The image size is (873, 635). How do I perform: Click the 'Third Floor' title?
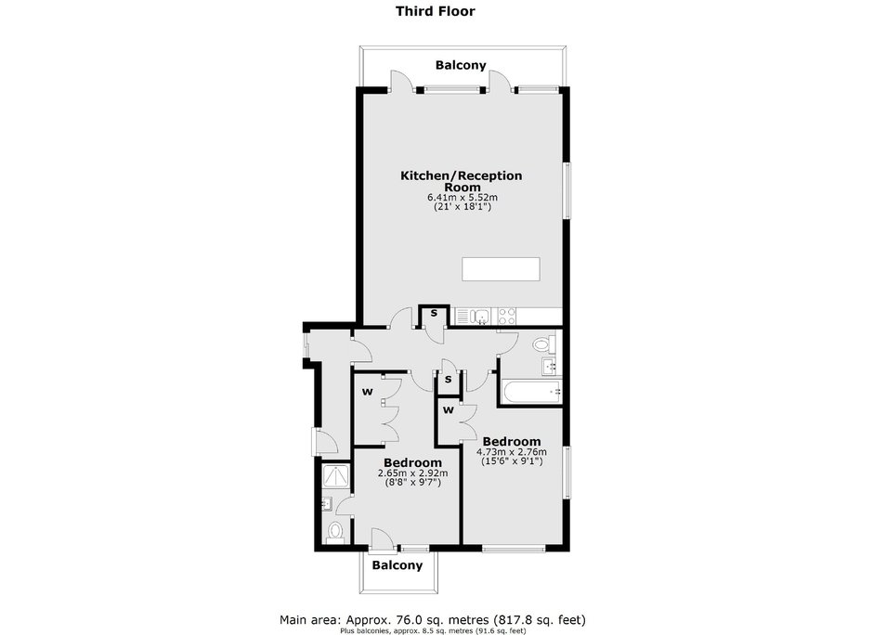pyautogui.click(x=436, y=11)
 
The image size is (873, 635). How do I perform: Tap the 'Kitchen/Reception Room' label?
pyautogui.click(x=462, y=181)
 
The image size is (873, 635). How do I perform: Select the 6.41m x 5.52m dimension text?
pyautogui.click(x=463, y=197)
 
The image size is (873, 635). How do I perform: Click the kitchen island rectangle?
pyautogui.click(x=501, y=269)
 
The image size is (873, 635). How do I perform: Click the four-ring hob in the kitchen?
pyautogui.click(x=507, y=317)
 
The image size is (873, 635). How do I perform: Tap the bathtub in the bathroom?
pyautogui.click(x=532, y=393)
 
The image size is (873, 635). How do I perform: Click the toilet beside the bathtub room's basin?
pyautogui.click(x=544, y=343)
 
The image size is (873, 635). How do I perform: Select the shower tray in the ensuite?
pyautogui.click(x=336, y=476)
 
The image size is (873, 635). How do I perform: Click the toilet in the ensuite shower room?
pyautogui.click(x=335, y=530)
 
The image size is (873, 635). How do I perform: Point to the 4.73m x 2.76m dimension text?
pyautogui.click(x=512, y=452)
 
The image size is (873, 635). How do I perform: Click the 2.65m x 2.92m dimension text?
pyautogui.click(x=412, y=473)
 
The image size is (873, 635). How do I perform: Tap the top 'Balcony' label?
pyautogui.click(x=461, y=65)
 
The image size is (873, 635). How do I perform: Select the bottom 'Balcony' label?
pyautogui.click(x=397, y=565)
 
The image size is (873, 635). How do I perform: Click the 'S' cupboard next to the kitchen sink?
pyautogui.click(x=435, y=314)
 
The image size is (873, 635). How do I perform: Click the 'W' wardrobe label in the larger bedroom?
pyautogui.click(x=449, y=410)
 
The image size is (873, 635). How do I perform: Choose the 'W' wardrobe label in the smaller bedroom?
pyautogui.click(x=368, y=392)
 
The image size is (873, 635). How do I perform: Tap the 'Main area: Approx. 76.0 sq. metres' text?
pyautogui.click(x=384, y=619)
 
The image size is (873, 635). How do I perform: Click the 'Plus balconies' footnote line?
pyautogui.click(x=433, y=631)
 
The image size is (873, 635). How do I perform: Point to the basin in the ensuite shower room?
pyautogui.click(x=327, y=503)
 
